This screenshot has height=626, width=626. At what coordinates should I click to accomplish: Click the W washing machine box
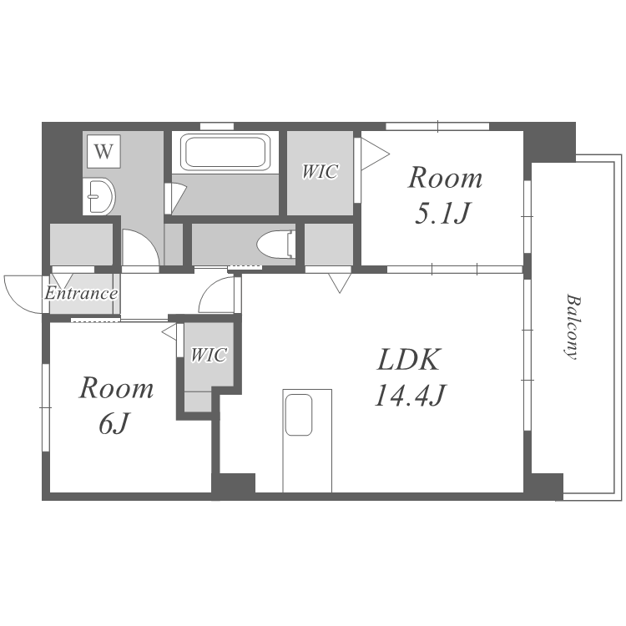click(103, 151)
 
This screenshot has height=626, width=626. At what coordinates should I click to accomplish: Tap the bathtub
click(225, 152)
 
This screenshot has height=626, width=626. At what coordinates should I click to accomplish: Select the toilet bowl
click(275, 245)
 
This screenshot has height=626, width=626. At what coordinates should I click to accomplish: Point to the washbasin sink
click(100, 196)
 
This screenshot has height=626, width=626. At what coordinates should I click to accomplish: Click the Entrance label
click(81, 294)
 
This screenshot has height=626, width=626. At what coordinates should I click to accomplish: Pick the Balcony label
click(573, 327)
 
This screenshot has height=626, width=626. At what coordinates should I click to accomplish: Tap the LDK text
click(409, 360)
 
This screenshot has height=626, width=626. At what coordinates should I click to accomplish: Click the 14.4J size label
click(410, 395)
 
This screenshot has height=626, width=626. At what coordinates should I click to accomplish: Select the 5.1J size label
click(442, 214)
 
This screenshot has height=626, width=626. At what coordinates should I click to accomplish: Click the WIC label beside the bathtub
click(320, 172)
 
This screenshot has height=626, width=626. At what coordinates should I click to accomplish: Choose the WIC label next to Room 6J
click(209, 355)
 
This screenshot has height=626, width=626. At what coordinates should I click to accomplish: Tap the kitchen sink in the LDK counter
click(299, 415)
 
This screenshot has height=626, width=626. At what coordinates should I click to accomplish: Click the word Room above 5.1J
click(445, 178)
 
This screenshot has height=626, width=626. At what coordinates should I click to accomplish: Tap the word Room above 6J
click(116, 388)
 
